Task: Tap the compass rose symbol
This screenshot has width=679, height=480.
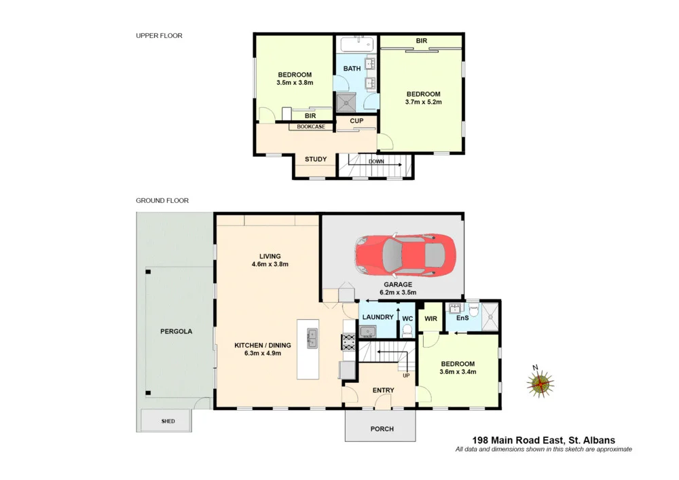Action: point(540,384)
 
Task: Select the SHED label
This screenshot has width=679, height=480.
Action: point(168,422)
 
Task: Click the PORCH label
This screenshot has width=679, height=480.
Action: point(381,429)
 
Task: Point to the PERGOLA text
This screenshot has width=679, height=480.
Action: point(177,332)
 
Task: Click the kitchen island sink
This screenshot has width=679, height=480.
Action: point(312,337)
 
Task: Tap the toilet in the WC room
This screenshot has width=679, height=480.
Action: point(407,330)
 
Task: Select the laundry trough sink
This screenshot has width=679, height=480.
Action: point(367,331)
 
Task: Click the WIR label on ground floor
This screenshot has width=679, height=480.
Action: point(430,318)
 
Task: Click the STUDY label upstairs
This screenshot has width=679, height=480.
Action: point(315,160)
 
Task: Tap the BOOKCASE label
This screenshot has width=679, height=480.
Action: point(311,127)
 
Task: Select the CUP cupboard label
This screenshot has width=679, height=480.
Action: point(356,122)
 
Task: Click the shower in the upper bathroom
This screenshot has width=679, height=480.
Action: point(346,103)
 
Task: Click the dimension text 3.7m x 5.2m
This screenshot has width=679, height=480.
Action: point(424,103)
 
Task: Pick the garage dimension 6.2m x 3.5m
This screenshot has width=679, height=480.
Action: point(398,293)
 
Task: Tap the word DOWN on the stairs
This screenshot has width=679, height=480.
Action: point(375,162)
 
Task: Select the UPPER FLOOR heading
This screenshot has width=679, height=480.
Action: point(159,35)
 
